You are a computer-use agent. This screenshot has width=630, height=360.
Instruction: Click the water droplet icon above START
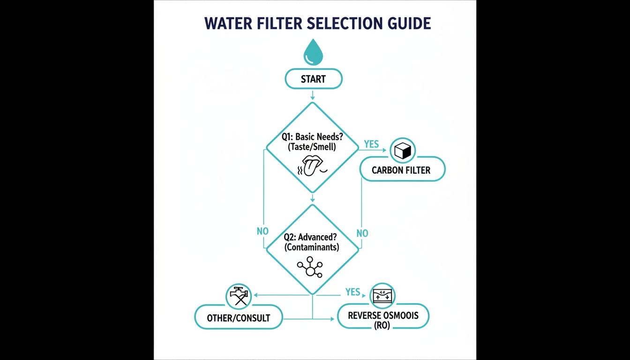pyautogui.click(x=313, y=52)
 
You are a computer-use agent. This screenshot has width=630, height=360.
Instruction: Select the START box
pyautogui.click(x=313, y=79)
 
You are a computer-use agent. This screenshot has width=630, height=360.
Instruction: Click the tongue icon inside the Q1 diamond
pyautogui.click(x=310, y=167)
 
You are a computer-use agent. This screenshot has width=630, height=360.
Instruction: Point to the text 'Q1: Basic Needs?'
pyautogui.click(x=311, y=137)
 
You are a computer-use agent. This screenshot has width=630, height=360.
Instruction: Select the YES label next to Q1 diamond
pyautogui.click(x=371, y=144)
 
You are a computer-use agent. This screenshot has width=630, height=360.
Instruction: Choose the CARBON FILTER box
pyautogui.click(x=401, y=170)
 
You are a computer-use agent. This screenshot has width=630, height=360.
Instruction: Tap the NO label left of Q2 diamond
pyautogui.click(x=262, y=231)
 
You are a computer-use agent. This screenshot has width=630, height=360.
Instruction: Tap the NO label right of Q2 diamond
pyautogui.click(x=362, y=233)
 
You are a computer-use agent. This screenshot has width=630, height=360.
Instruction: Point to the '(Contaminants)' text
pyautogui.click(x=312, y=247)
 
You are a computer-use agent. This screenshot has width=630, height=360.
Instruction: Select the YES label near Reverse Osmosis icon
pyautogui.click(x=352, y=292)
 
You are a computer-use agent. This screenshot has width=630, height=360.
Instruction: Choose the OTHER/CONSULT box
pyautogui.click(x=239, y=318)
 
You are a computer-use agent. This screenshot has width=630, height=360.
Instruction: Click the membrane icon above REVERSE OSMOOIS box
pyautogui.click(x=382, y=296)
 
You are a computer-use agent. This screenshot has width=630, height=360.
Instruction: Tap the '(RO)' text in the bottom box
pyautogui.click(x=382, y=325)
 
